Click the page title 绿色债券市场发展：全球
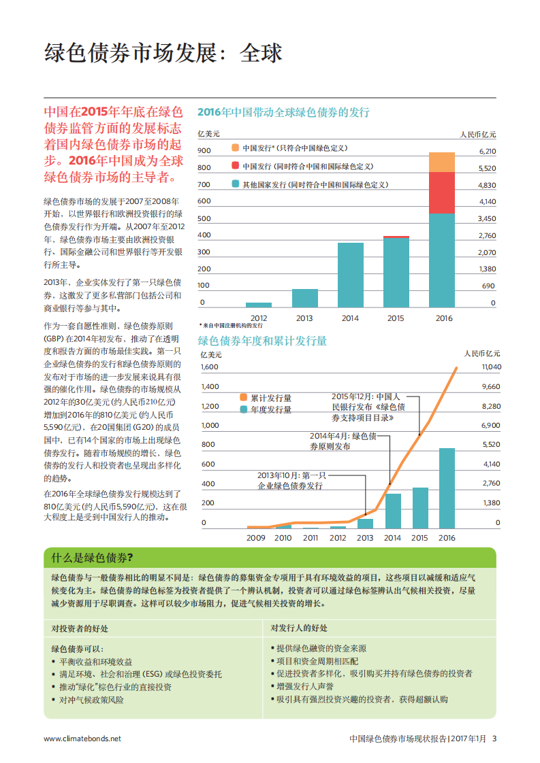163,53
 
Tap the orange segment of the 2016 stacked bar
441,163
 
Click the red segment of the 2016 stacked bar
441,192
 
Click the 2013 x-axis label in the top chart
304,318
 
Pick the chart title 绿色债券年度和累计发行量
262,341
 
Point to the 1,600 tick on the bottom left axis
209,367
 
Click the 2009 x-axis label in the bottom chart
256,538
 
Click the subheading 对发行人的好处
299,628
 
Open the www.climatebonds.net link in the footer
82,739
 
